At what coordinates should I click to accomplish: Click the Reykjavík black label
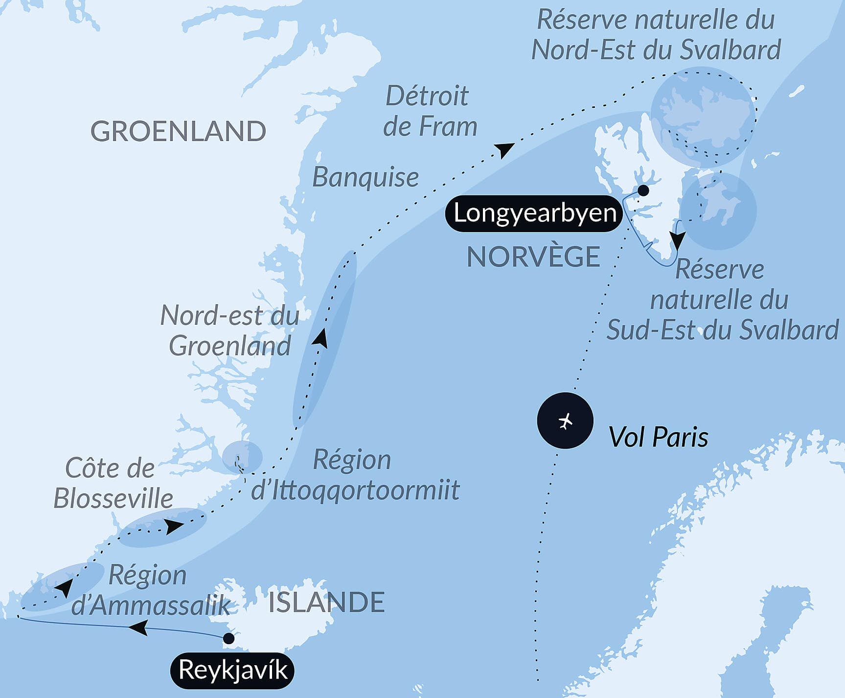tap(232, 670)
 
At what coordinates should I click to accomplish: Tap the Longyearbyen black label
tap(534, 213)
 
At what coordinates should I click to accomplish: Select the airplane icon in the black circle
tap(565, 421)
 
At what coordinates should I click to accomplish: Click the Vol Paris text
tap(658, 436)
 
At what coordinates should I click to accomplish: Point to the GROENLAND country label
tap(178, 131)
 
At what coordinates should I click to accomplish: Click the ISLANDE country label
tap(326, 602)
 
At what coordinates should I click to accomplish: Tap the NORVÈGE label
tap(533, 257)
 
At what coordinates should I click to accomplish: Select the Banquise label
tap(365, 177)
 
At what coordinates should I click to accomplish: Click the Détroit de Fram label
tap(429, 111)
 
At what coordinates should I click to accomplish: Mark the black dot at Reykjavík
tap(228, 638)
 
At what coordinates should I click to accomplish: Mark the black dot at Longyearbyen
tap(643, 191)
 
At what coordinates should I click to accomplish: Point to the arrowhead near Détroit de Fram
tap(504, 149)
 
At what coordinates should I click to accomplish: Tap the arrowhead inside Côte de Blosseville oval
tap(174, 527)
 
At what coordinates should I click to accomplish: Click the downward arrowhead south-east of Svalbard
tap(678, 240)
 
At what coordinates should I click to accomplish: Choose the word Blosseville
tap(113, 499)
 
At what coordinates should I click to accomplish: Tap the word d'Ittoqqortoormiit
tap(355, 490)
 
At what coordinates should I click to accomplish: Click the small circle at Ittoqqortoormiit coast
tap(242, 457)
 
